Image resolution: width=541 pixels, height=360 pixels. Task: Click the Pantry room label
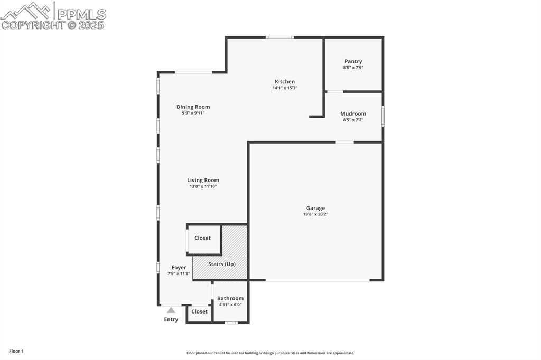pyautogui.click(x=353, y=61)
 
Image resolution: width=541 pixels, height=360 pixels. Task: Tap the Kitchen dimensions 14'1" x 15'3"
pyautogui.click(x=285, y=88)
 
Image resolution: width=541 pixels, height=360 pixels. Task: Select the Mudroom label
pyautogui.click(x=353, y=113)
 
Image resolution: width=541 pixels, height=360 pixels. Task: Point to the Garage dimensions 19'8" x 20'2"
pyautogui.click(x=316, y=214)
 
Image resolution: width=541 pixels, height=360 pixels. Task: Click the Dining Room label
pyautogui.click(x=193, y=107)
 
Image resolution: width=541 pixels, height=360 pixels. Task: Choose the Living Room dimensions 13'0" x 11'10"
pyautogui.click(x=203, y=186)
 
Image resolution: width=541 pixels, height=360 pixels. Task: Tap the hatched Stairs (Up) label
pyautogui.click(x=221, y=264)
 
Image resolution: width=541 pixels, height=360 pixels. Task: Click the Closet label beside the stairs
pyautogui.click(x=202, y=238)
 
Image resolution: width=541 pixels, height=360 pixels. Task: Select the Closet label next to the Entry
pyautogui.click(x=199, y=311)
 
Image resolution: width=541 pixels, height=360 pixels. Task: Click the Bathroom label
pyautogui.click(x=230, y=298)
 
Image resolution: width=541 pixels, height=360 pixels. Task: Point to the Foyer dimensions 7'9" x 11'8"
pyautogui.click(x=179, y=273)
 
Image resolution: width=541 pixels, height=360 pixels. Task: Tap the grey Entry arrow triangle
pyautogui.click(x=171, y=310)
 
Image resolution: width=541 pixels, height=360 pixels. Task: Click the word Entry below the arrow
pyautogui.click(x=171, y=319)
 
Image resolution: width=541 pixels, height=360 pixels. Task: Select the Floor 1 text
pyautogui.click(x=16, y=351)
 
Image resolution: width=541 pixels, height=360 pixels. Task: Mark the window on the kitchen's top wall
pyautogui.click(x=279, y=37)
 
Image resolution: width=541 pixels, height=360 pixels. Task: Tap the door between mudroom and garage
pyautogui.click(x=344, y=142)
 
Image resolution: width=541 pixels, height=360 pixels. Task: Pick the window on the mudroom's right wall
pyautogui.click(x=383, y=116)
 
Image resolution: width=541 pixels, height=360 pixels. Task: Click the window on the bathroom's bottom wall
pyautogui.click(x=231, y=323)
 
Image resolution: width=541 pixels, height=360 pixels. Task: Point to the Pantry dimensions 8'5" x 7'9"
pyautogui.click(x=353, y=68)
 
